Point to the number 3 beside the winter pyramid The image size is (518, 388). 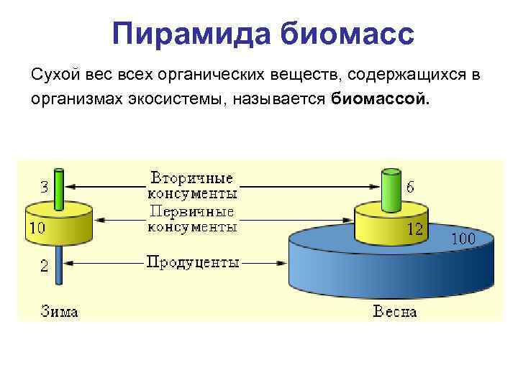45,188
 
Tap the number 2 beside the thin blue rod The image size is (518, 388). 45,266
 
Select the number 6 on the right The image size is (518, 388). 409,187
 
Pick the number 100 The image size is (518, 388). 463,239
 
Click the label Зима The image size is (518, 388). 59,312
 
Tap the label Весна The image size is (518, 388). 394,312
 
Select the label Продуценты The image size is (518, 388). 193,262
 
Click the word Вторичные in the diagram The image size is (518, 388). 192,177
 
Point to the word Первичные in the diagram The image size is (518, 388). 192,212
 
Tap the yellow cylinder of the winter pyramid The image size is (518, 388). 58,224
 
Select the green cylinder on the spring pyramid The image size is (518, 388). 391,190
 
